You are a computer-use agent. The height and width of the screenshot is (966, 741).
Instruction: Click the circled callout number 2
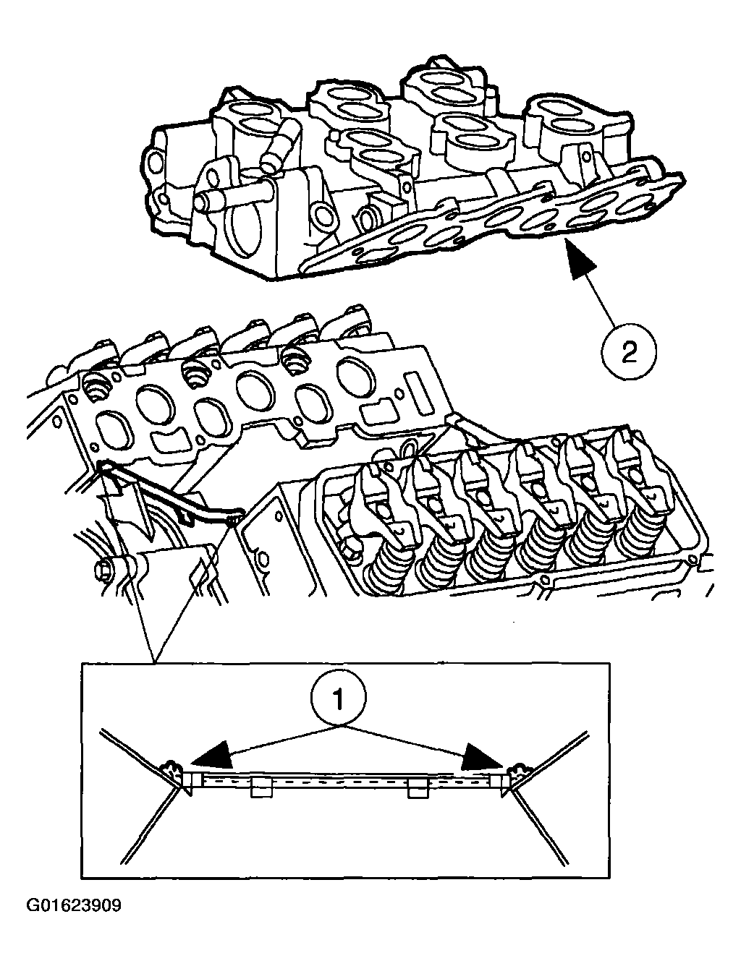628,352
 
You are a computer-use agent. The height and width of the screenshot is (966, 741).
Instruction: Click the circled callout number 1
339,698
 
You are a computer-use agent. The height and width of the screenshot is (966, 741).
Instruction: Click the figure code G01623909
75,905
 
